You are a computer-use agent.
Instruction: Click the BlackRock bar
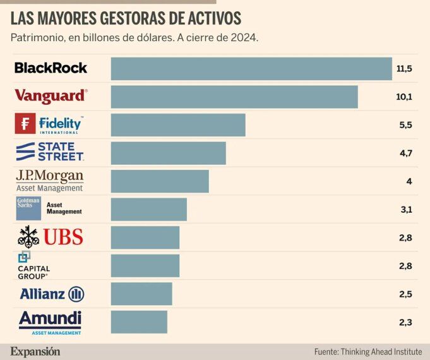pyautogui.click(x=251, y=69)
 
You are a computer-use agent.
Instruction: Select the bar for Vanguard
pyautogui.click(x=234, y=97)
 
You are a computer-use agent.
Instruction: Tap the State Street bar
pyautogui.click(x=168, y=153)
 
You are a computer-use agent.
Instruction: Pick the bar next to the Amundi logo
pyautogui.click(x=139, y=321)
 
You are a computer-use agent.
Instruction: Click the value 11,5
pyautogui.click(x=404, y=69)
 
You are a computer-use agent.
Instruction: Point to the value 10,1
pyautogui.click(x=404, y=97)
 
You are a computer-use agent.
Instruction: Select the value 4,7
pyautogui.click(x=405, y=153)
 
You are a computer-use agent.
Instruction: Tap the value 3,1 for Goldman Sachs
pyautogui.click(x=405, y=209)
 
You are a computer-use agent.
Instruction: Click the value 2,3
pyautogui.click(x=405, y=321)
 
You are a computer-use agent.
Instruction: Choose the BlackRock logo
pyautogui.click(x=51, y=68)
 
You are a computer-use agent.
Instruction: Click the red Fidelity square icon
pyautogui.click(x=25, y=124)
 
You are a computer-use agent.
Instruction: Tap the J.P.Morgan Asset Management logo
pyautogui.click(x=50, y=181)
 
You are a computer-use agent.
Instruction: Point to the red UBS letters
pyautogui.click(x=63, y=237)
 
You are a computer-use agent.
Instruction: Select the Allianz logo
pyautogui.click(x=52, y=294)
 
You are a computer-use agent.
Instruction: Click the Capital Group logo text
pyautogui.click(x=33, y=272)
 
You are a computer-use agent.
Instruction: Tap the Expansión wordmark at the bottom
pyautogui.click(x=35, y=351)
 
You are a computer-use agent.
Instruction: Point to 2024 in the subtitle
pyautogui.click(x=244, y=38)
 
